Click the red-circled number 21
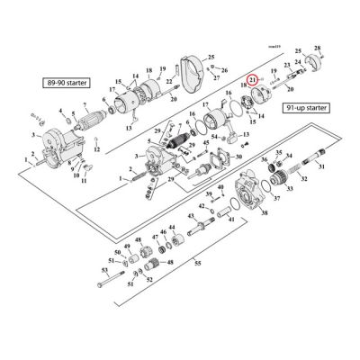click(x=254, y=81)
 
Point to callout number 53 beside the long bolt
click(x=105, y=269)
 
